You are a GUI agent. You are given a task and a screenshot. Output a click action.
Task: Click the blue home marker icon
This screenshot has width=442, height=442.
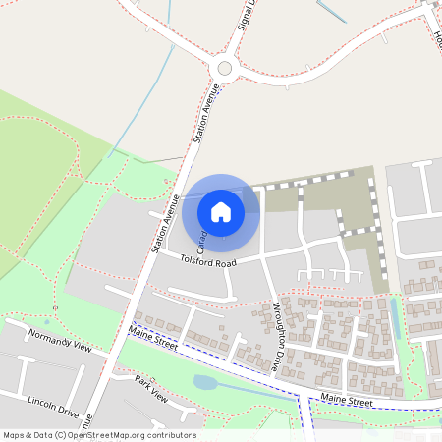(221, 211)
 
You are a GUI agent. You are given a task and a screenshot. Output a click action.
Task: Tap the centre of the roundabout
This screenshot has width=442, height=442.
(225, 68)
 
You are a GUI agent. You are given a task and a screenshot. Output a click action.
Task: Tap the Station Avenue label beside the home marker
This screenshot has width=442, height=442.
(164, 225)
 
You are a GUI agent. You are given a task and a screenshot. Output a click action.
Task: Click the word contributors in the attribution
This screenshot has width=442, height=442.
(172, 435)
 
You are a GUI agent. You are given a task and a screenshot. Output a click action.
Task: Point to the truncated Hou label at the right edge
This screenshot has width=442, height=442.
(436, 39)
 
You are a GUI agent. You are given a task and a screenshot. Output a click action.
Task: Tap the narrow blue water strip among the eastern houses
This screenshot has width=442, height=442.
(395, 317)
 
